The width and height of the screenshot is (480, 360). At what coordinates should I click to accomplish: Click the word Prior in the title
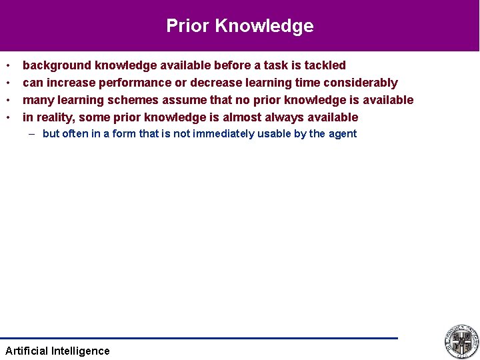coord(188,26)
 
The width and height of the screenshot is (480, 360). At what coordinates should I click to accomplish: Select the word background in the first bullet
coord(57,65)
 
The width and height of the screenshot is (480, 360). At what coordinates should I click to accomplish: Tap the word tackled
coord(325,65)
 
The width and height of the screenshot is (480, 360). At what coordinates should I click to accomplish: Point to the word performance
coord(133,83)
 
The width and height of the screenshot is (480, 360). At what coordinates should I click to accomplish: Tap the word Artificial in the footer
coord(26,351)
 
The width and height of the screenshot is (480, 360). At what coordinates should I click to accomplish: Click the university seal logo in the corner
coord(461,341)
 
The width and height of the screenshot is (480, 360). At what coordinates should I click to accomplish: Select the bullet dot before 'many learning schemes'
coord(8,100)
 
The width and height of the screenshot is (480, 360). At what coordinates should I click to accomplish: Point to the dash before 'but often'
coord(32,133)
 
